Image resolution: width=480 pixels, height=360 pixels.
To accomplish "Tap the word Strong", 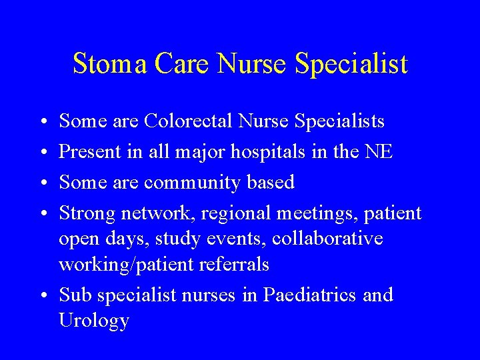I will click(x=86, y=213).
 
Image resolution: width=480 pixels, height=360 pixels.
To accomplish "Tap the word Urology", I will click(x=93, y=321).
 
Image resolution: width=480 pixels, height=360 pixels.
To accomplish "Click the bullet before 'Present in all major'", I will click(x=42, y=152).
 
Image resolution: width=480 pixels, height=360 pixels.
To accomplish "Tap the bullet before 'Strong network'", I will click(x=42, y=213).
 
